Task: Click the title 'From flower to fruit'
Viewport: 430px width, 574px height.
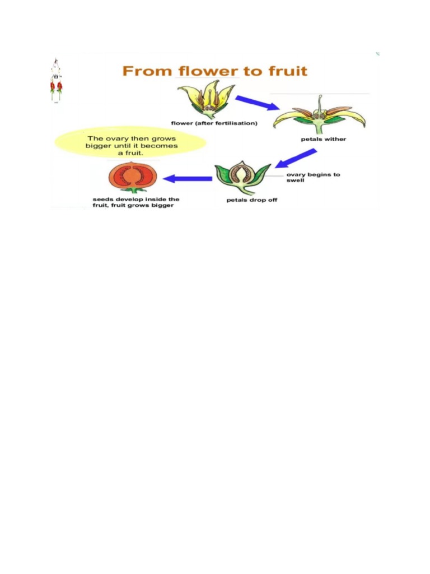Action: pyautogui.click(x=215, y=72)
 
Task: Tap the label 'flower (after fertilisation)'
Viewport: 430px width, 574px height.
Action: pyautogui.click(x=214, y=123)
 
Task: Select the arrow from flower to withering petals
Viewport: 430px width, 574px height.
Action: pyautogui.click(x=257, y=103)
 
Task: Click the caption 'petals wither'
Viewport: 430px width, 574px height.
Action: pyautogui.click(x=324, y=139)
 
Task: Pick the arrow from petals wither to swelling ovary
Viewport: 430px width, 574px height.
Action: pyautogui.click(x=297, y=158)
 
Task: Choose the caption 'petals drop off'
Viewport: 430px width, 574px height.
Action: pyautogui.click(x=251, y=200)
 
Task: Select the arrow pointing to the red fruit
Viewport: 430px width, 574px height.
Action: pyautogui.click(x=187, y=179)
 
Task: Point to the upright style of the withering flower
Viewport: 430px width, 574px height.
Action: pyautogui.click(x=319, y=104)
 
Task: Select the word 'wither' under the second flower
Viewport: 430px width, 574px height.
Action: pyautogui.click(x=335, y=139)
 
